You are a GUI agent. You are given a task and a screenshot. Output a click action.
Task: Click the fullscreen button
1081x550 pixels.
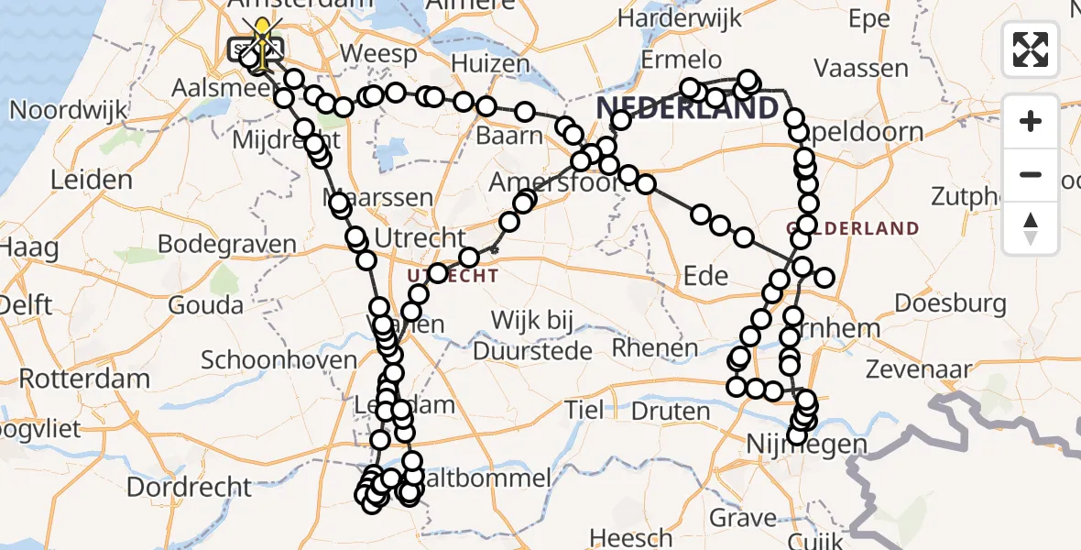click(x=1031, y=49)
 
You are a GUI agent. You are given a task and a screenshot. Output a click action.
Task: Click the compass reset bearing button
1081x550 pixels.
click(x=1031, y=227)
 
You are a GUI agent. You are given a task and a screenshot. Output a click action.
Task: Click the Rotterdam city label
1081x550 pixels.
click(x=84, y=378)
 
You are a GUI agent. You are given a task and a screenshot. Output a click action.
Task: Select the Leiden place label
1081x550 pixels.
click(x=92, y=180)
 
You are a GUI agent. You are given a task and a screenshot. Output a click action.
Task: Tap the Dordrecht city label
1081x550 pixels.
click(x=188, y=487)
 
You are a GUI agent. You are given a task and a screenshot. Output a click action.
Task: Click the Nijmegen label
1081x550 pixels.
click(x=806, y=445)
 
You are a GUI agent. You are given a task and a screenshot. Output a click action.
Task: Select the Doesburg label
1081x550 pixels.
click(x=950, y=302)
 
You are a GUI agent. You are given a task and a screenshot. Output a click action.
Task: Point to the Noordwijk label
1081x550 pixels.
click(x=67, y=110)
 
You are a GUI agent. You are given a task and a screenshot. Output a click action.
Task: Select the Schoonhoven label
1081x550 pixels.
click(x=278, y=359)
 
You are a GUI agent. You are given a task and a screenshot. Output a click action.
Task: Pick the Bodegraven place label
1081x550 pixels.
click(x=227, y=245)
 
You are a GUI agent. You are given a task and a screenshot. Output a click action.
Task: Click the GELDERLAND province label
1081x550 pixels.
click(x=853, y=227)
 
